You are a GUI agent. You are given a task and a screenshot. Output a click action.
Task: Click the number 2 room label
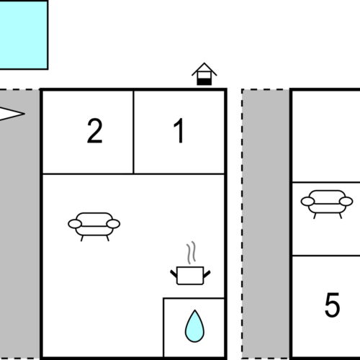(95, 131)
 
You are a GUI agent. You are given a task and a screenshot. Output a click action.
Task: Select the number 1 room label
(179, 131)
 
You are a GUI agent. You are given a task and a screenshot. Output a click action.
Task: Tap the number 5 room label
(333, 305)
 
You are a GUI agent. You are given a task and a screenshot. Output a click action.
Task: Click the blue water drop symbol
(194, 326)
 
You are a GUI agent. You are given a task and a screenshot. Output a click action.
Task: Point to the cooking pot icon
(190, 275)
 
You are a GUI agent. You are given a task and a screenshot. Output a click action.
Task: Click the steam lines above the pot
(191, 253)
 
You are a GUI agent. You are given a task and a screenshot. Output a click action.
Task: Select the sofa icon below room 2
(94, 226)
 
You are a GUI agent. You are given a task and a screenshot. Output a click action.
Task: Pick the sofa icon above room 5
(327, 204)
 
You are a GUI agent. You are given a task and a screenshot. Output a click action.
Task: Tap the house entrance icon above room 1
(204, 74)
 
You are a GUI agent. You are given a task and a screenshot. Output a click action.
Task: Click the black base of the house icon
(204, 81)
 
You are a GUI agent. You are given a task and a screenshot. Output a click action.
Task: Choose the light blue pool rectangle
(24, 35)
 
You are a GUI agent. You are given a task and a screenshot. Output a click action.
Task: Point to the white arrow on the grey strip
(12, 114)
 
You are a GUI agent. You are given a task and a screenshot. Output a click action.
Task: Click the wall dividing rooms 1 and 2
(133, 132)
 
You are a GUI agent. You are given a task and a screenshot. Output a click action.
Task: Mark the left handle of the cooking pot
(174, 274)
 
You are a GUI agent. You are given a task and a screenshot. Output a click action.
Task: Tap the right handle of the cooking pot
(207, 274)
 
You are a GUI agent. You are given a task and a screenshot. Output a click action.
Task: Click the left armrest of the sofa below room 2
(75, 224)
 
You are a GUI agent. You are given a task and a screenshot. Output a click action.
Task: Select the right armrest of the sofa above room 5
(346, 202)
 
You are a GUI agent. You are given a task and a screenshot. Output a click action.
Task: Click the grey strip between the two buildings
(266, 225)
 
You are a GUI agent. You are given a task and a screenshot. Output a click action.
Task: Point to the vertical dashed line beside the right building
(242, 225)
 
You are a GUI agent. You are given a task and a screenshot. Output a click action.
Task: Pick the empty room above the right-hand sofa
(326, 136)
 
